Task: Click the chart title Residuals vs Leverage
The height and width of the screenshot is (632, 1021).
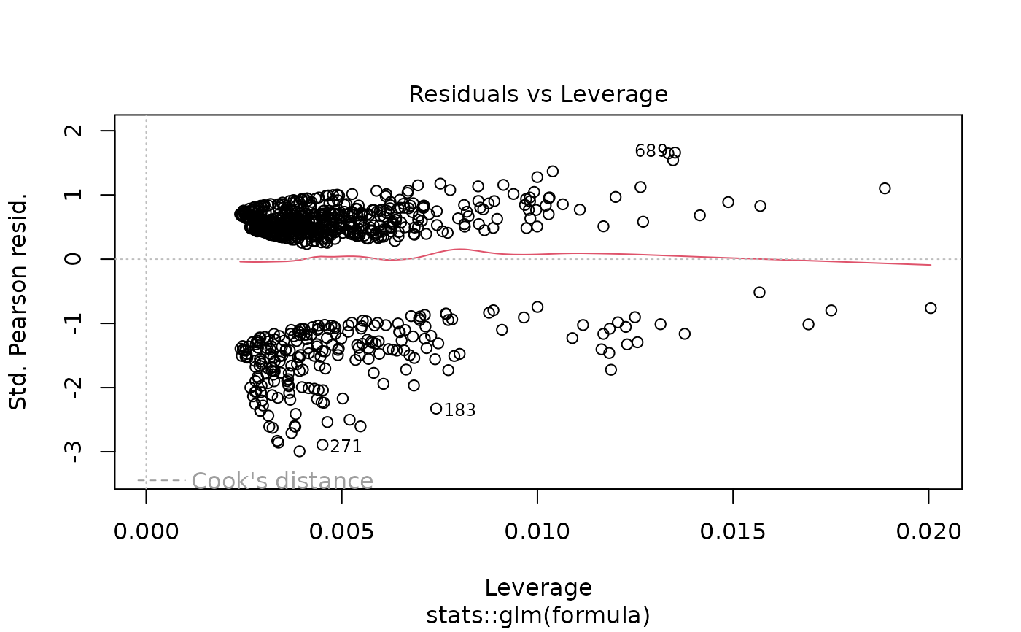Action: point(538,94)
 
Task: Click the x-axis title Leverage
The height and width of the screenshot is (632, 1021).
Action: point(538,587)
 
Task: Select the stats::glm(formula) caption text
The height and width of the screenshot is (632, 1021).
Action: point(538,615)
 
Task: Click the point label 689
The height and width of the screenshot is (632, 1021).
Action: point(651,151)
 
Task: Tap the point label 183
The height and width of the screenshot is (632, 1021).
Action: point(459,410)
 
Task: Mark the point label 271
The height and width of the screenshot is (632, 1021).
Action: point(346,447)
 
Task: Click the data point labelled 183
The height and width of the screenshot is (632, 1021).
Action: point(436,409)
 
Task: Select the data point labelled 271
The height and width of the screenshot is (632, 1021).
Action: point(322,444)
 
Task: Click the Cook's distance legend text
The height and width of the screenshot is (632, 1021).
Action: point(282,481)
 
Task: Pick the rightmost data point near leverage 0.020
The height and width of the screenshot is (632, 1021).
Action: point(931,308)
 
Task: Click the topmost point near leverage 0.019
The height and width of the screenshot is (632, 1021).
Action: point(885,188)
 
